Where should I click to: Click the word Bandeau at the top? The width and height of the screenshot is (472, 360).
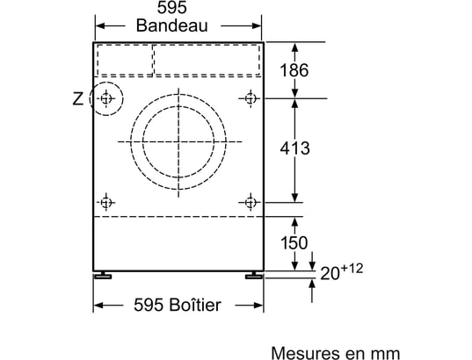tap(172, 25)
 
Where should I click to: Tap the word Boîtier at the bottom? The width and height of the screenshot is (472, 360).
tap(195, 305)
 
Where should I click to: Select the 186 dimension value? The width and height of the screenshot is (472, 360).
tap(294, 70)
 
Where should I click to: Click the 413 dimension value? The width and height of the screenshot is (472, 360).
tap(294, 148)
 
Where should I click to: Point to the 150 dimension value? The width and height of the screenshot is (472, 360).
tap(294, 242)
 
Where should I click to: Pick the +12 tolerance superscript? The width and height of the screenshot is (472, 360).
tap(352, 269)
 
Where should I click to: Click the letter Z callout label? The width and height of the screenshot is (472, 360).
tap(78, 98)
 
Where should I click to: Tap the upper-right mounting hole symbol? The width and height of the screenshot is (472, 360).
tap(251, 98)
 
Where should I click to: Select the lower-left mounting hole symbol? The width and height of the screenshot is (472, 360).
tap(105, 203)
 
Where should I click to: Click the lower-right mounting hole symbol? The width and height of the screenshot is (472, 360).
tap(251, 203)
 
